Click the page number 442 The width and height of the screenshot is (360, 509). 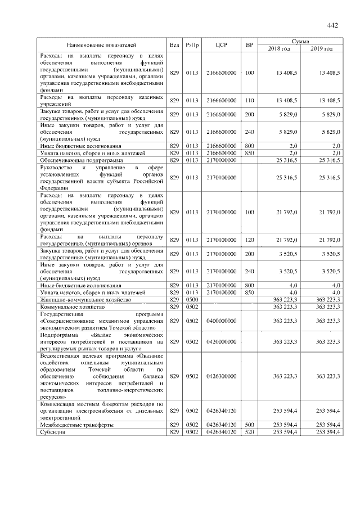pyautogui.click(x=332, y=25)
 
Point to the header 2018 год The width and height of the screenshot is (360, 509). pyautogui.click(x=280, y=48)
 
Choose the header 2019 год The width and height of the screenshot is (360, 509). pyautogui.click(x=321, y=48)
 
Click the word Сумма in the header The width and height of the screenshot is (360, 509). pyautogui.click(x=300, y=41)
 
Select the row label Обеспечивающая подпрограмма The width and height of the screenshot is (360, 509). pyautogui.click(x=75, y=160)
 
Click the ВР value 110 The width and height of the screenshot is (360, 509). pyautogui.click(x=250, y=100)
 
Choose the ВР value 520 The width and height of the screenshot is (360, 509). pyautogui.click(x=250, y=432)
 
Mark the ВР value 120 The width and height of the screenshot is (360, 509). pyautogui.click(x=250, y=240)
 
